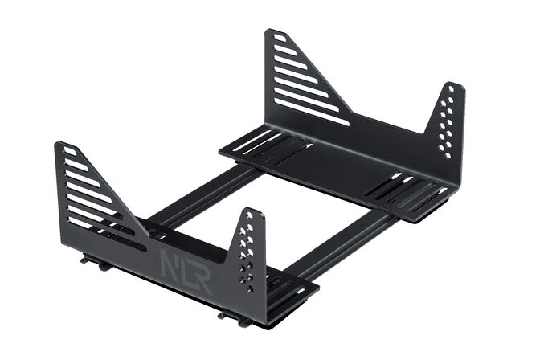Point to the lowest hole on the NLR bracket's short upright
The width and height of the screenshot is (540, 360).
point(250,288)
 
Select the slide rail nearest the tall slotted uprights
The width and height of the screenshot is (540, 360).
point(201,193)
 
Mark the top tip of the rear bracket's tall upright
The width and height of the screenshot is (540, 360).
point(271,31)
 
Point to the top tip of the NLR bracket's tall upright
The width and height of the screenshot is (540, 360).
point(59,145)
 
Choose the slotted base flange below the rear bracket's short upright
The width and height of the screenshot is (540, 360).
point(410,194)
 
